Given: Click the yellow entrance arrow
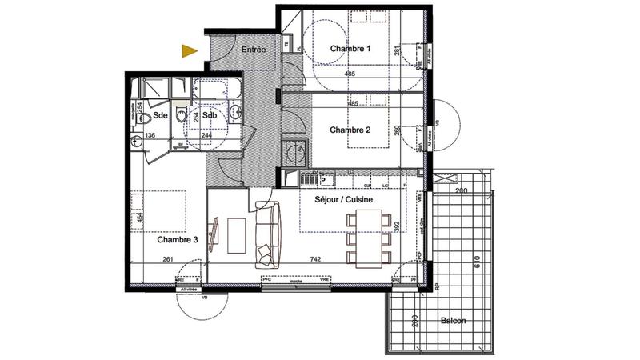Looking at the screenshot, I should (x=189, y=52).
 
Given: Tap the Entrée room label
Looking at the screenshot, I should (x=254, y=50).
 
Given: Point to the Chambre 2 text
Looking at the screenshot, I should (x=350, y=130).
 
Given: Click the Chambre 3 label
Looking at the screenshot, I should (x=176, y=239).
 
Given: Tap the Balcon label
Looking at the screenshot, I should (x=453, y=321).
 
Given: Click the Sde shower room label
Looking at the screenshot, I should (x=161, y=116).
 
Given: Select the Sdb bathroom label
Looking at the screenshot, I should (x=210, y=116).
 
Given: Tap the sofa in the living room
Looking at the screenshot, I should (x=268, y=234).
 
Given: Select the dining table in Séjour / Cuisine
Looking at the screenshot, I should (x=369, y=238).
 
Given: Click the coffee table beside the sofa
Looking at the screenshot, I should (x=238, y=234).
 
